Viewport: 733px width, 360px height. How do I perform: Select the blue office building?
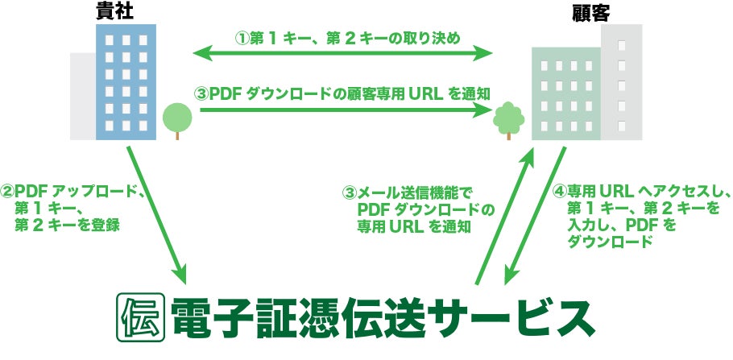point(125,81)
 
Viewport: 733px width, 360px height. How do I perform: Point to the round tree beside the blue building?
point(177,119)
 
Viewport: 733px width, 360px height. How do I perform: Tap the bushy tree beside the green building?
point(507,119)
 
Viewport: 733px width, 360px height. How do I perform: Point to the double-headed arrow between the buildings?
point(342,54)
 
